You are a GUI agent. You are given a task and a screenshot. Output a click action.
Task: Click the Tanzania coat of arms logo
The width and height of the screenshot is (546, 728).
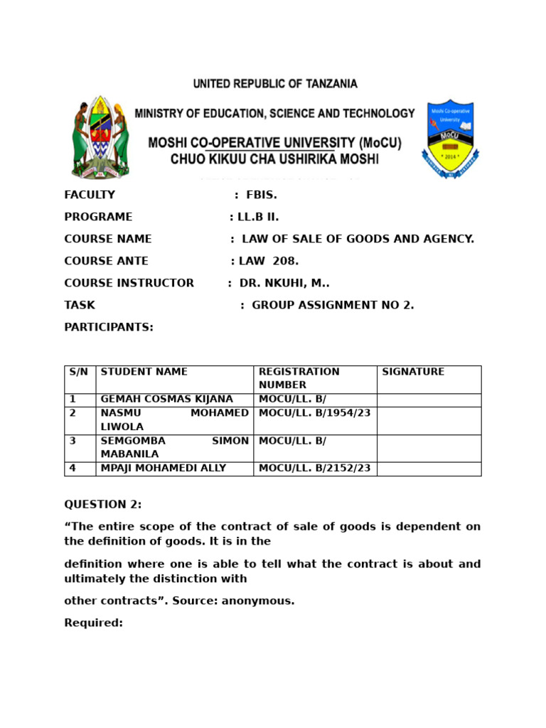(100, 137)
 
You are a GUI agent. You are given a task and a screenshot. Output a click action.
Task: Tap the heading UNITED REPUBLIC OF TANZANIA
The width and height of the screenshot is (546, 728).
(275, 84)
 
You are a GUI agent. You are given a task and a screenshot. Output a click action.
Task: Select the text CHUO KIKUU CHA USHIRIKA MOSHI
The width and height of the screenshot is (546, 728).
(274, 159)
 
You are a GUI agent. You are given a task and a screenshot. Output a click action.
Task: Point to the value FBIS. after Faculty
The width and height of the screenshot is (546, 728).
(261, 195)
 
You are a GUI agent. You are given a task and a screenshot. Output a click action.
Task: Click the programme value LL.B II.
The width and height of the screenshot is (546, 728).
(259, 217)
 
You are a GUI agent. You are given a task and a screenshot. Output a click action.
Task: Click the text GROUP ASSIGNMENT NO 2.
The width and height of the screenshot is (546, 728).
(333, 305)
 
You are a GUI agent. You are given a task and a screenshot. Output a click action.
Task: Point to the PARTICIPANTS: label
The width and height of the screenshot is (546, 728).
(109, 327)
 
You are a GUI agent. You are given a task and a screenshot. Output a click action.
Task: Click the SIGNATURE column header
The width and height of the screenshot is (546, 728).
(413, 372)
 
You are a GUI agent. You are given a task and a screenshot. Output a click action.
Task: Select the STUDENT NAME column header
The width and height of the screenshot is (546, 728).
(144, 372)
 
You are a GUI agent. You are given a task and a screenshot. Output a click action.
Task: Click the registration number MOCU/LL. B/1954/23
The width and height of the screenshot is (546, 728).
(314, 413)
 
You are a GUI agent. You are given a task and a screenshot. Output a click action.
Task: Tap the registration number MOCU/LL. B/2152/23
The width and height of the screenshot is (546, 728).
(314, 469)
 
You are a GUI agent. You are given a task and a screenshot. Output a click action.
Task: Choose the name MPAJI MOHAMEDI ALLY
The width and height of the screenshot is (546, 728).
(164, 469)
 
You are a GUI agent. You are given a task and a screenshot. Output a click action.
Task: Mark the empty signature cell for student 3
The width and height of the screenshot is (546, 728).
(429, 448)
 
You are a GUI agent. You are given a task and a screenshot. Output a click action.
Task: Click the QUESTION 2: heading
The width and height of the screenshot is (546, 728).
(103, 505)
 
